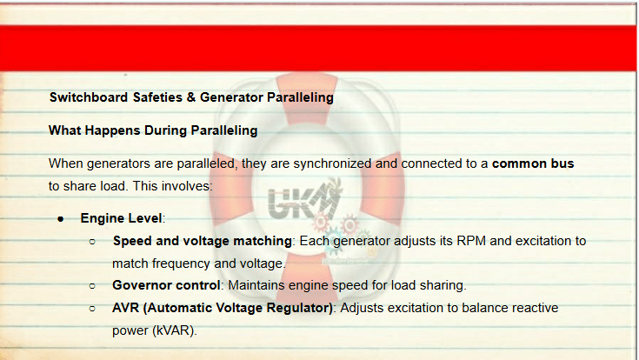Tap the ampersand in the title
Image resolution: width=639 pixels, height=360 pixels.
191,97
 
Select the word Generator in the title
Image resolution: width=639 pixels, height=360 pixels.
231,97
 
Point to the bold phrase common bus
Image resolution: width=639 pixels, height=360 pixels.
533,163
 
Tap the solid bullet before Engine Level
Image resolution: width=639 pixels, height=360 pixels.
61,219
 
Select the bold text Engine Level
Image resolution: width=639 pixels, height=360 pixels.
121,218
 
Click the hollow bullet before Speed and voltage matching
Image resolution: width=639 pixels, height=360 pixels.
92,242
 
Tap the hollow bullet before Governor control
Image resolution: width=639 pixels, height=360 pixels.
92,286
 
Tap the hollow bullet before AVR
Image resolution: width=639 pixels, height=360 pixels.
92,309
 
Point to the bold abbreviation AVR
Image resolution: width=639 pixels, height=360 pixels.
125,308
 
